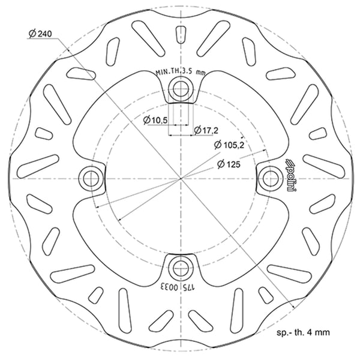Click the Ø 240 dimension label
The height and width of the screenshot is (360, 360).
click(39, 34)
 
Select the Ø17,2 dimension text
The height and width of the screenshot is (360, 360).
click(206, 130)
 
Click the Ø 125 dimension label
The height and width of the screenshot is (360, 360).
click(230, 163)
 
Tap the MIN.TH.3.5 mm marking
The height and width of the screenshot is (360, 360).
click(181, 71)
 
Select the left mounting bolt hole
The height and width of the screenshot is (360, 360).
click(92, 178)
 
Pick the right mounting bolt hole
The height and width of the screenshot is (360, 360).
click(270, 178)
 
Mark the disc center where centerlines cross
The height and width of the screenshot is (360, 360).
click(180, 178)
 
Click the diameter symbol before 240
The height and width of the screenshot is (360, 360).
click(31, 34)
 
